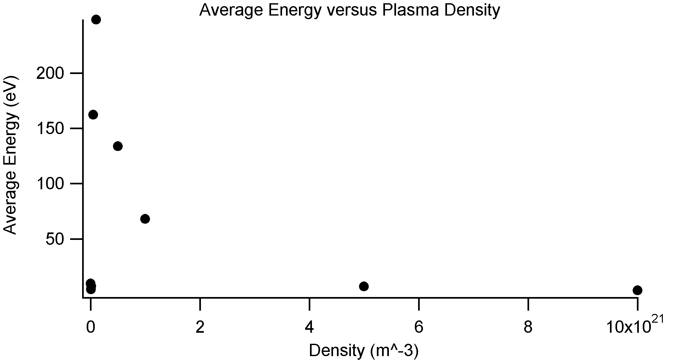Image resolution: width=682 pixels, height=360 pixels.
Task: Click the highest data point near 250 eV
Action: pos(96,20)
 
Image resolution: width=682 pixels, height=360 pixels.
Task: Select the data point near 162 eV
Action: pos(93,115)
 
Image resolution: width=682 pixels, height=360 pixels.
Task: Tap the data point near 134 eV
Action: pos(118,146)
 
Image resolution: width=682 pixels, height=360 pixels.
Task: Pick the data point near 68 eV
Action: pos(145,219)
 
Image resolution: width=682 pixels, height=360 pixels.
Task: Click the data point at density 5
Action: pos(364,286)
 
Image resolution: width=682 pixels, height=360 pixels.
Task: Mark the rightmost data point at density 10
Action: pos(637,290)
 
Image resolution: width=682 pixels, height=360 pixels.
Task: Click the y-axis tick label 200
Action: pos(50,74)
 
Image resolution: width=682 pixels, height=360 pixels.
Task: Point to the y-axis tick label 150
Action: pos(50,129)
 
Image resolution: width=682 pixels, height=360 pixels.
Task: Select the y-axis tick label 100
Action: pos(50,184)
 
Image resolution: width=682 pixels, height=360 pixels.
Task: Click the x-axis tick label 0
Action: pos(91,328)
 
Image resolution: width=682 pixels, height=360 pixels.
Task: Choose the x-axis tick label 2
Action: pos(200,328)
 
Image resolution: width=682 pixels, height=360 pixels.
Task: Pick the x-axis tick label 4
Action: pos(309,328)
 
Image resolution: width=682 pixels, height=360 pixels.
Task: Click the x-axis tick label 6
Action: pos(419,328)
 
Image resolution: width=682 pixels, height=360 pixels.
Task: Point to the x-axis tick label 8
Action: pos(528,328)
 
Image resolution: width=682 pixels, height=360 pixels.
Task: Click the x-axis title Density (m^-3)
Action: pos(364,351)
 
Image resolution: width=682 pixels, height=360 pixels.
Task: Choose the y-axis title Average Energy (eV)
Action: pos(10,155)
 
